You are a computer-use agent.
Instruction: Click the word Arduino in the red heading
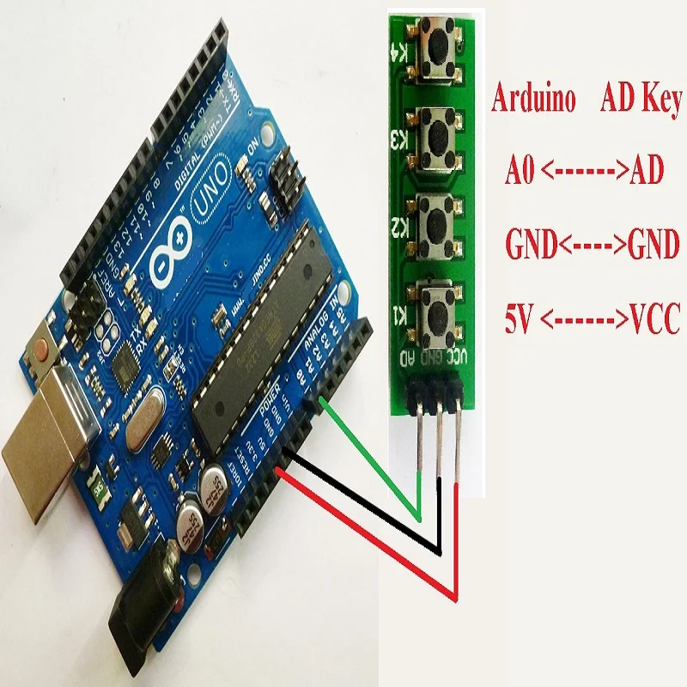click(x=532, y=100)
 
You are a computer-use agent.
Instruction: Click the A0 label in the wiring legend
click(x=520, y=172)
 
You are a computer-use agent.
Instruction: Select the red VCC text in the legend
click(x=654, y=322)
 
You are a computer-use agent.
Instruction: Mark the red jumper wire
click(x=369, y=537)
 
